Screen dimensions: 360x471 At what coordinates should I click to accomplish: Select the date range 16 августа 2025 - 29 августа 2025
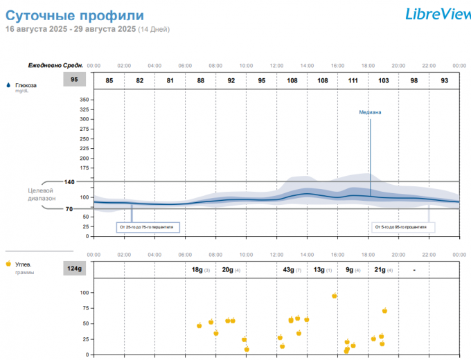(71, 29)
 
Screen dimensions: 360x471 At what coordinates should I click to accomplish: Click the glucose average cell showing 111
(353, 80)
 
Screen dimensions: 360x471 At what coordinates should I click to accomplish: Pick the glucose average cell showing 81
(170, 80)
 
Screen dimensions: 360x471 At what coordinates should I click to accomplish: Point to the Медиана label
(370, 112)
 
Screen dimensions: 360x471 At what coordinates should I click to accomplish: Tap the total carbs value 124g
(74, 269)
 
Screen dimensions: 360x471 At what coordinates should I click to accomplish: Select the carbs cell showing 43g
(292, 269)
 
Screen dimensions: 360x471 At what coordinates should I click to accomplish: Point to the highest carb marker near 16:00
(335, 296)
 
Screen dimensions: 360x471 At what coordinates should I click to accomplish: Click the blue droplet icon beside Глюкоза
(8, 85)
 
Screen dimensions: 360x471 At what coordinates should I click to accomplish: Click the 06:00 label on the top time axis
(185, 66)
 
